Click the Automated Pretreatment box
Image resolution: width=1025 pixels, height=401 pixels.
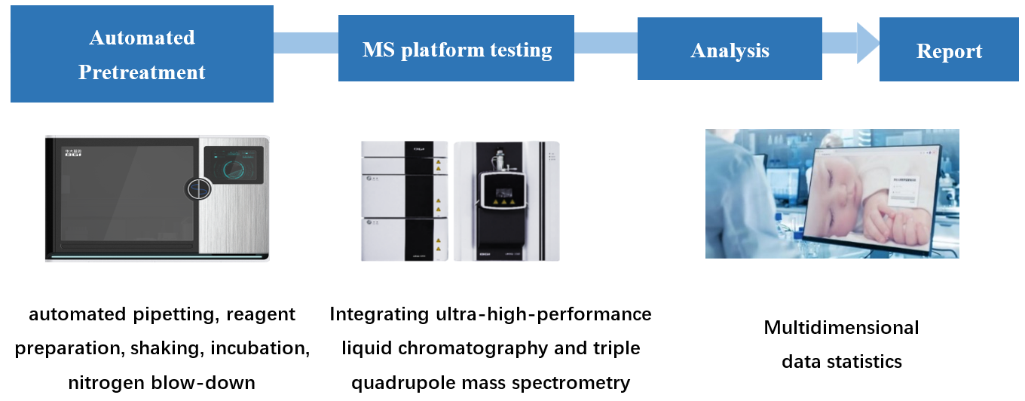click(x=142, y=54)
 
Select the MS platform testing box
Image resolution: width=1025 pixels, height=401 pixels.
click(x=456, y=51)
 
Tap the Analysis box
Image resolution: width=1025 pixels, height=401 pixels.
click(x=730, y=51)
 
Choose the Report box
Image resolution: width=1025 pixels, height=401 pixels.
click(x=949, y=51)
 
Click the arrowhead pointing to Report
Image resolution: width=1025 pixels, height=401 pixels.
click(x=867, y=42)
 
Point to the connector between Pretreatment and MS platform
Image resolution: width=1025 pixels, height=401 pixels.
click(x=305, y=43)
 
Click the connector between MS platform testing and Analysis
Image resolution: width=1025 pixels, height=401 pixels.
click(x=605, y=43)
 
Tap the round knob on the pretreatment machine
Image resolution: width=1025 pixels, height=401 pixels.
click(x=197, y=189)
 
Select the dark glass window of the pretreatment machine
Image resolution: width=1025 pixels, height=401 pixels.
click(x=124, y=192)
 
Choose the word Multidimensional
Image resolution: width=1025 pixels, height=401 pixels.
click(x=841, y=328)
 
